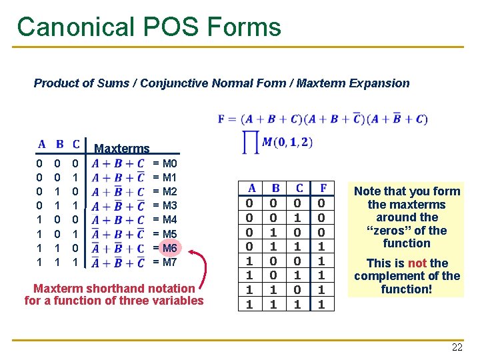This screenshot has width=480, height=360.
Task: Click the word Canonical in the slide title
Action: pyautogui.click(x=73, y=27)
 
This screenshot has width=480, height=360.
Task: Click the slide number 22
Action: pyautogui.click(x=457, y=347)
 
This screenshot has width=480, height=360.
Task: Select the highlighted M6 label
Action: pyautogui.click(x=169, y=248)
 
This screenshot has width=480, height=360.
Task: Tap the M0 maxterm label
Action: pyautogui.click(x=169, y=163)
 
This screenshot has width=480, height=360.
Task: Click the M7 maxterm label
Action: pyautogui.click(x=169, y=262)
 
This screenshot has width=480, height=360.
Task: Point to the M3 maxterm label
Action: pyautogui.click(x=169, y=205)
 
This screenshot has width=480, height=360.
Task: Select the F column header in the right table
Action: pyautogui.click(x=323, y=188)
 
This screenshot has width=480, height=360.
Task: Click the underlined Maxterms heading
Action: pyautogui.click(x=122, y=148)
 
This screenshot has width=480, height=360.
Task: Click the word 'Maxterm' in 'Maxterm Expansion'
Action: pyautogui.click(x=319, y=83)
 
